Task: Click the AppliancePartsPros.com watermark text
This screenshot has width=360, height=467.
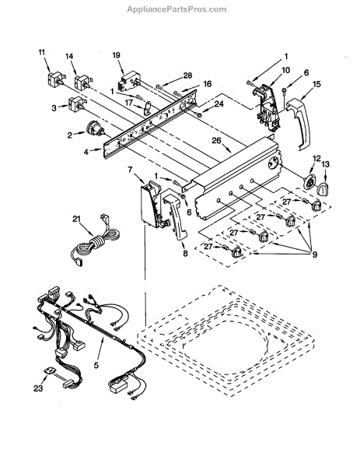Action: click(x=177, y=9)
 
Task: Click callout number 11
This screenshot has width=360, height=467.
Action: click(x=42, y=52)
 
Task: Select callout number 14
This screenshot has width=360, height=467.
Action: click(x=69, y=56)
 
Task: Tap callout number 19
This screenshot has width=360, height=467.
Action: click(x=116, y=54)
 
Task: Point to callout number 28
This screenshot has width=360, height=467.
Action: click(x=187, y=75)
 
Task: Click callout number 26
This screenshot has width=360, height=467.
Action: click(x=217, y=140)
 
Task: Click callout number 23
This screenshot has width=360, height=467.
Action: click(x=38, y=388)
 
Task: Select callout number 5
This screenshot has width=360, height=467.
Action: click(x=96, y=365)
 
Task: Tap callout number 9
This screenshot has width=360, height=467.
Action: click(x=314, y=254)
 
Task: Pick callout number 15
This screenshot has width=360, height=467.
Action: click(x=316, y=84)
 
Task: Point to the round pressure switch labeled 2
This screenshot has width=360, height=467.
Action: click(x=95, y=129)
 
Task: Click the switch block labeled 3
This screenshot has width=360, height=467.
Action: click(x=76, y=104)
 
